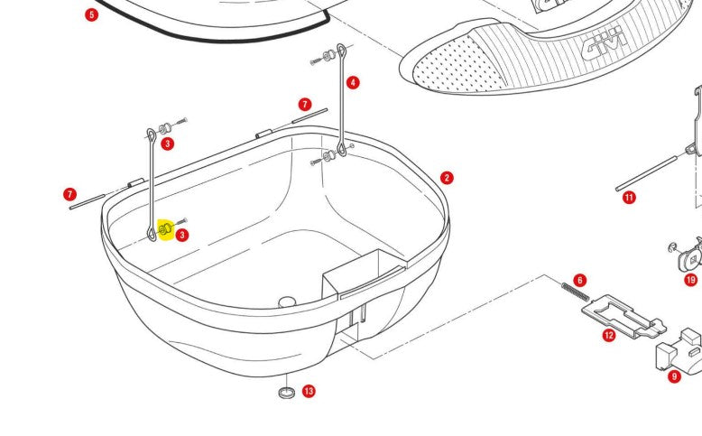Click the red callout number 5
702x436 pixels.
point(91,15)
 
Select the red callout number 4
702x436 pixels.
point(353,83)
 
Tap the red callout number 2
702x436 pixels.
point(447,179)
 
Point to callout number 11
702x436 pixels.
point(629,197)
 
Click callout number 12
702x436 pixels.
point(609,336)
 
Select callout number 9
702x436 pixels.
point(674,376)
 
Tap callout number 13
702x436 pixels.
point(309,391)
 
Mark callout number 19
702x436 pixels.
point(690,280)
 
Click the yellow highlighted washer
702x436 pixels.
point(165,231)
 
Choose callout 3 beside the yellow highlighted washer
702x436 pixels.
point(182,236)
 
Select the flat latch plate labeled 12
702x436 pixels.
point(622,316)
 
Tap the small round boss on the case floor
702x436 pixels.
point(288,301)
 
